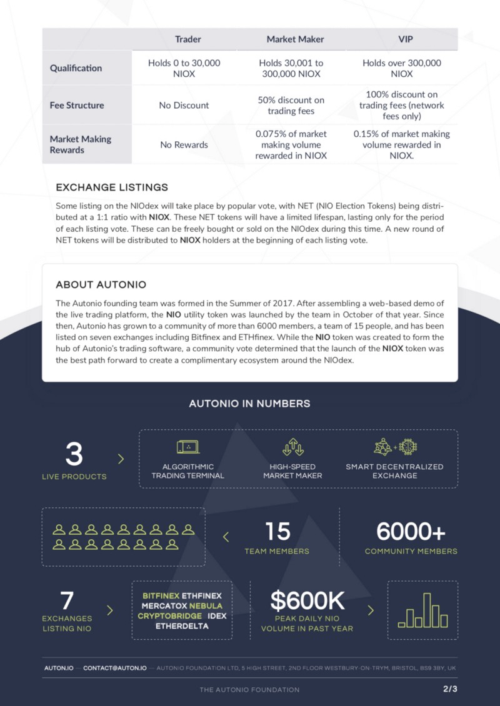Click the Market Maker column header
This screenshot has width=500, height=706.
click(295, 39)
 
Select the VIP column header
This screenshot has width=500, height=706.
click(406, 39)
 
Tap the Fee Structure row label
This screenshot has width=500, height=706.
click(77, 105)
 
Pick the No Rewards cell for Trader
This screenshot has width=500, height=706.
click(184, 144)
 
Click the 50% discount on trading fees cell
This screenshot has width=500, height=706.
click(291, 105)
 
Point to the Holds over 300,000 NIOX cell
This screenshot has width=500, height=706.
click(402, 68)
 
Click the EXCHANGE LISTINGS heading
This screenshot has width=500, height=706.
click(112, 187)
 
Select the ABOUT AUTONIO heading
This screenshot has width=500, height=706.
click(101, 285)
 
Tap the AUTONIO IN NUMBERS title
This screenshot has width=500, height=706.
click(249, 404)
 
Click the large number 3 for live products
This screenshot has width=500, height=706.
click(74, 454)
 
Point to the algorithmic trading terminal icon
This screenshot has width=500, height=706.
click(187, 447)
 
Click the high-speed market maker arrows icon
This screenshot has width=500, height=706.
click(292, 447)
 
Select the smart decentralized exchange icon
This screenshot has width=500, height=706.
click(395, 447)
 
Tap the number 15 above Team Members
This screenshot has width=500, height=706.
click(277, 532)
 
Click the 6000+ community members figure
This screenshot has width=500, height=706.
click(411, 532)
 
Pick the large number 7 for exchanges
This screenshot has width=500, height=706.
click(67, 601)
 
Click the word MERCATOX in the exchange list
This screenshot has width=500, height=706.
click(164, 606)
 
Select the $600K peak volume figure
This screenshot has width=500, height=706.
click(307, 601)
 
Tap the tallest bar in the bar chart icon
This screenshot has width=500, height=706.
click(427, 610)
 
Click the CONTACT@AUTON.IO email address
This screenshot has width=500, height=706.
click(115, 668)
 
